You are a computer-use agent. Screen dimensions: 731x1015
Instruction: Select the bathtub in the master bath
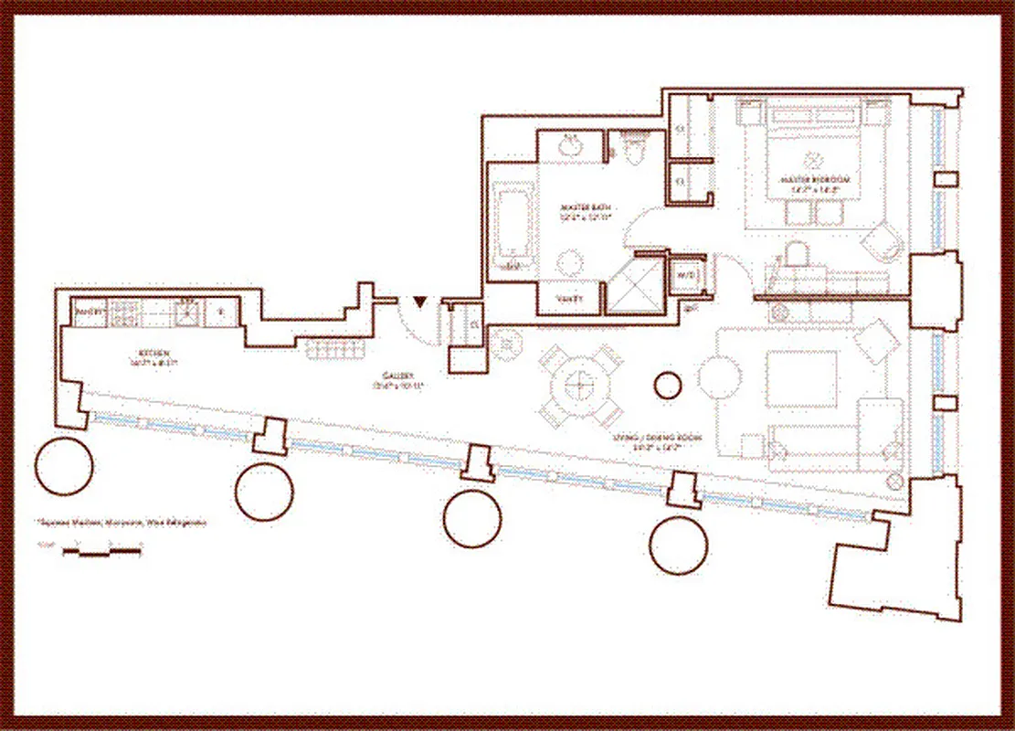pyautogui.click(x=509, y=223)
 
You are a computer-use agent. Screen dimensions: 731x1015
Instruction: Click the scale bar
pyautogui.click(x=100, y=551)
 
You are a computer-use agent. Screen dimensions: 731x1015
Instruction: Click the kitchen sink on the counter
pyautogui.click(x=186, y=313)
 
